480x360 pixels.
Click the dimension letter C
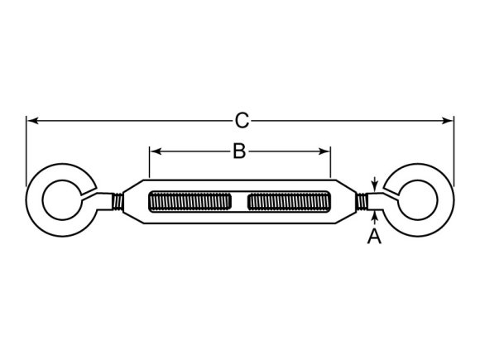[x=242, y=121]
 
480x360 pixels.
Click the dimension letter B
[x=239, y=151]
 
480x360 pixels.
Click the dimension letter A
[x=374, y=237]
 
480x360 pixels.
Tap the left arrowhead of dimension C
[x=33, y=121]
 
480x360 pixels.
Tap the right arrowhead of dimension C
[x=447, y=121]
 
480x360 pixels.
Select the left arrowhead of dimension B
[x=156, y=151]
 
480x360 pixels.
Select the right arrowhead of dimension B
[x=324, y=151]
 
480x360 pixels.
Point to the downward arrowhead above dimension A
[x=374, y=187]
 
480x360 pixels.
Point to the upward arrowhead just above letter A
[x=374, y=216]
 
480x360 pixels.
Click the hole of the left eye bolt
[x=62, y=200]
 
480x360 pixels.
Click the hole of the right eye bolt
[x=418, y=200]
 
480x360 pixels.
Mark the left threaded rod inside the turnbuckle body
[x=190, y=201]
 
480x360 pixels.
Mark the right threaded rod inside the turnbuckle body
[x=289, y=201]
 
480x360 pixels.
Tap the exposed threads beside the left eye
[x=118, y=202]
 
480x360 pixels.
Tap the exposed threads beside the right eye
[x=362, y=202]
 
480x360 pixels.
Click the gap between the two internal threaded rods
[x=239, y=201]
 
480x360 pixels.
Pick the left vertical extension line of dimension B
[x=150, y=162]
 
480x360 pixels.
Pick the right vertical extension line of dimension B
[x=330, y=162]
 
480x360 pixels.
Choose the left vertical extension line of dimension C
[x=26, y=151]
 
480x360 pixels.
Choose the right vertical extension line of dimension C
[x=454, y=151]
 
